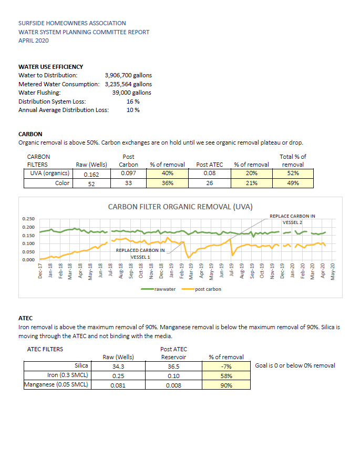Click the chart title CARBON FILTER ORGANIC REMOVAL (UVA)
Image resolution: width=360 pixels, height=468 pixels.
point(180,207)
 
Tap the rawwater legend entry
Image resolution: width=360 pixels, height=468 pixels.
point(158,289)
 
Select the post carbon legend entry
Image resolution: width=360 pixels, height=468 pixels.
point(201,289)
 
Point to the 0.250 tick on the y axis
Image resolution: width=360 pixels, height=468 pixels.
point(28,219)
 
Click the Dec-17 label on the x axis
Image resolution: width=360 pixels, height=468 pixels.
point(40,271)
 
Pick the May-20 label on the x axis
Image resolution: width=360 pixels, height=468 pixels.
point(333,271)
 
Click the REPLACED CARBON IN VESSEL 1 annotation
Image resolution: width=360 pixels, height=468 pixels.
point(140,253)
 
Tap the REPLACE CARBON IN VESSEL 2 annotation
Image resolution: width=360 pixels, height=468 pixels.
point(292,219)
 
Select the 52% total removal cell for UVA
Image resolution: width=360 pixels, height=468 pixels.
point(293,173)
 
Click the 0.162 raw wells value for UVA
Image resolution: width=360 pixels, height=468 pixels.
point(91,175)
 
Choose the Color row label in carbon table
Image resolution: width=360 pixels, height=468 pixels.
point(62,183)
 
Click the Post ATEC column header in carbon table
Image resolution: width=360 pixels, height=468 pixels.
point(209,165)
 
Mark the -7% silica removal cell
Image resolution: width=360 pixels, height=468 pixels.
point(226,367)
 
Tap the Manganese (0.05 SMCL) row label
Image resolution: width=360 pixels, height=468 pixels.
point(56,384)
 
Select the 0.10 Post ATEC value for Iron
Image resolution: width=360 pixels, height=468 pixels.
point(173,376)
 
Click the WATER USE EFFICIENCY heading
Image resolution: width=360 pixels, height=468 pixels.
point(50,67)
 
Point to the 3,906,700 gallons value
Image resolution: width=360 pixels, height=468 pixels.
point(128,75)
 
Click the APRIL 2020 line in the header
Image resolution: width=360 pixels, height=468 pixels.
point(34,40)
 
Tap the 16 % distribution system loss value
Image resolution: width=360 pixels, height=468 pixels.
point(133,101)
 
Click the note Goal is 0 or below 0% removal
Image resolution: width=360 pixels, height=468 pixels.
point(295,365)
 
